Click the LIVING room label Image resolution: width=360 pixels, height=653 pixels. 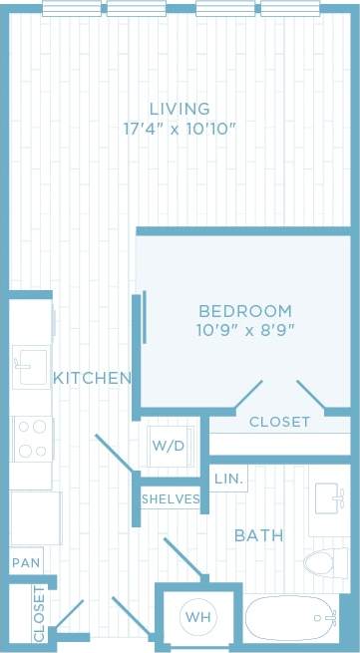pyautogui.click(x=180, y=109)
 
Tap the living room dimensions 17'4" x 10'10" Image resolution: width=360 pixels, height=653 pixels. pyautogui.click(x=180, y=128)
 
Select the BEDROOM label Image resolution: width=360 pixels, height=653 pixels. pyautogui.click(x=244, y=311)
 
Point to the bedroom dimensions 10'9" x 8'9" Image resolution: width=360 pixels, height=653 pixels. pyautogui.click(x=244, y=329)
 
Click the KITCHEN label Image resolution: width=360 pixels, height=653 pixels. pyautogui.click(x=92, y=379)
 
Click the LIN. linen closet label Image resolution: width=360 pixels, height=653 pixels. pyautogui.click(x=228, y=480)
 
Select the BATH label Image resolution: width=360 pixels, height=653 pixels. pyautogui.click(x=258, y=535)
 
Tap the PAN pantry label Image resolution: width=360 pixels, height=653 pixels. pyautogui.click(x=26, y=562)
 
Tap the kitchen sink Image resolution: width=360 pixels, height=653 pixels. pyautogui.click(x=31, y=366)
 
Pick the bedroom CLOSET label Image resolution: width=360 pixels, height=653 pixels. pyautogui.click(x=279, y=422)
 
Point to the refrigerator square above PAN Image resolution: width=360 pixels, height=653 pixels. pyautogui.click(x=34, y=517)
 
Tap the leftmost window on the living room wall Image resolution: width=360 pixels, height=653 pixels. pyautogui.click(x=72, y=9)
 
